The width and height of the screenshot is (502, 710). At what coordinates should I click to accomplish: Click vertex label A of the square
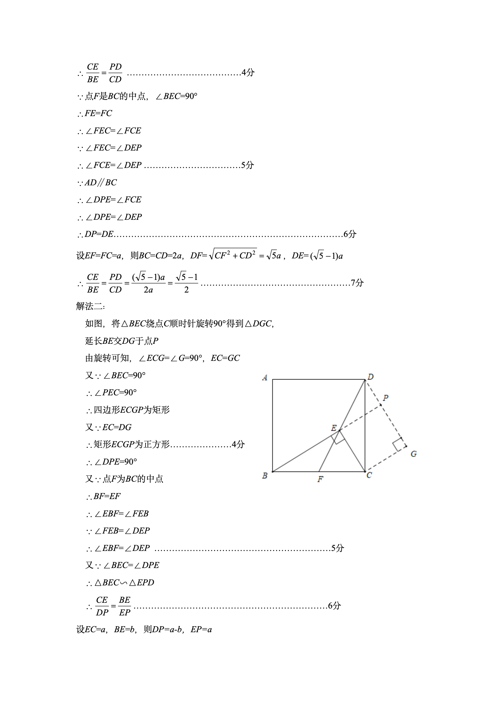(265, 378)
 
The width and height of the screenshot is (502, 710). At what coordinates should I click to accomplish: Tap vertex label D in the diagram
(370, 377)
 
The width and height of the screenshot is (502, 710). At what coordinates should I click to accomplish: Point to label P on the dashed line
(386, 398)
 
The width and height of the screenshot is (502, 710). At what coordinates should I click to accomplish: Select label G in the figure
(413, 454)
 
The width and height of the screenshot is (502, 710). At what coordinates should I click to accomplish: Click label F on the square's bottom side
(320, 479)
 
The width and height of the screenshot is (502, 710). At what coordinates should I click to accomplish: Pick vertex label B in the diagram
(265, 476)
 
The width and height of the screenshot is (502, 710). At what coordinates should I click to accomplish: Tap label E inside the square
(333, 428)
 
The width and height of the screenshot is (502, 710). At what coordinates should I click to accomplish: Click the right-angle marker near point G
(399, 444)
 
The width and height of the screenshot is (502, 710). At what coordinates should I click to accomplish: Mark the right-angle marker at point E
(338, 438)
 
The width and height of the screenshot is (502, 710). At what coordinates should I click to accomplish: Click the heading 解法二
(90, 306)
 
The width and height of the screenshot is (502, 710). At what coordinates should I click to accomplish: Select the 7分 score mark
(357, 283)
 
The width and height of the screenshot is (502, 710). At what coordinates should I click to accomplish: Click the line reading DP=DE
(99, 234)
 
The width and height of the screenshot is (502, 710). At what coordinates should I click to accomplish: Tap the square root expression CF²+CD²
(233, 255)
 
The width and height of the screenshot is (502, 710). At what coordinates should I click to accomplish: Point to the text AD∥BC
(101, 182)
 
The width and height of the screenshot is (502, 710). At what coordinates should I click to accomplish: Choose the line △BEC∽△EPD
(124, 583)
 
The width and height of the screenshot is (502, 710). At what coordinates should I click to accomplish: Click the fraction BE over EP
(125, 606)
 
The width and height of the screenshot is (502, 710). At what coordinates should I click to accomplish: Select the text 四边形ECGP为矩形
(132, 410)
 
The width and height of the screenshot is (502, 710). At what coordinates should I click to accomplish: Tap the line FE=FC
(98, 113)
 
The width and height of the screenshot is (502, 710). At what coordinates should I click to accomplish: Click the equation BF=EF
(107, 496)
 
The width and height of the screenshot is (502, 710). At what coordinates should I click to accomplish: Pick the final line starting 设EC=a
(144, 630)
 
